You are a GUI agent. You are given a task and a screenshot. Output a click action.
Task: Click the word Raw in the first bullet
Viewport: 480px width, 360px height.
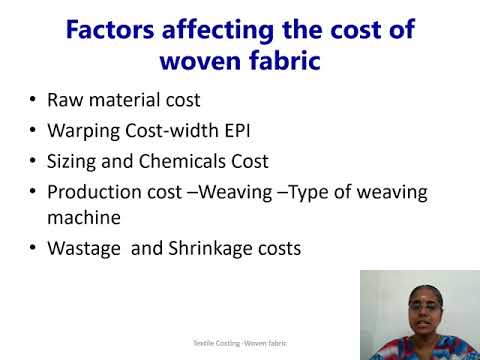click(65, 100)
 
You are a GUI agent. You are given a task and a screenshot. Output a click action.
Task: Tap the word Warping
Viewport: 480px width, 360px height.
click(83, 130)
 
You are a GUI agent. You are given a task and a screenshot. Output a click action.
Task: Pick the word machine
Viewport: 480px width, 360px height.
click(81, 216)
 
